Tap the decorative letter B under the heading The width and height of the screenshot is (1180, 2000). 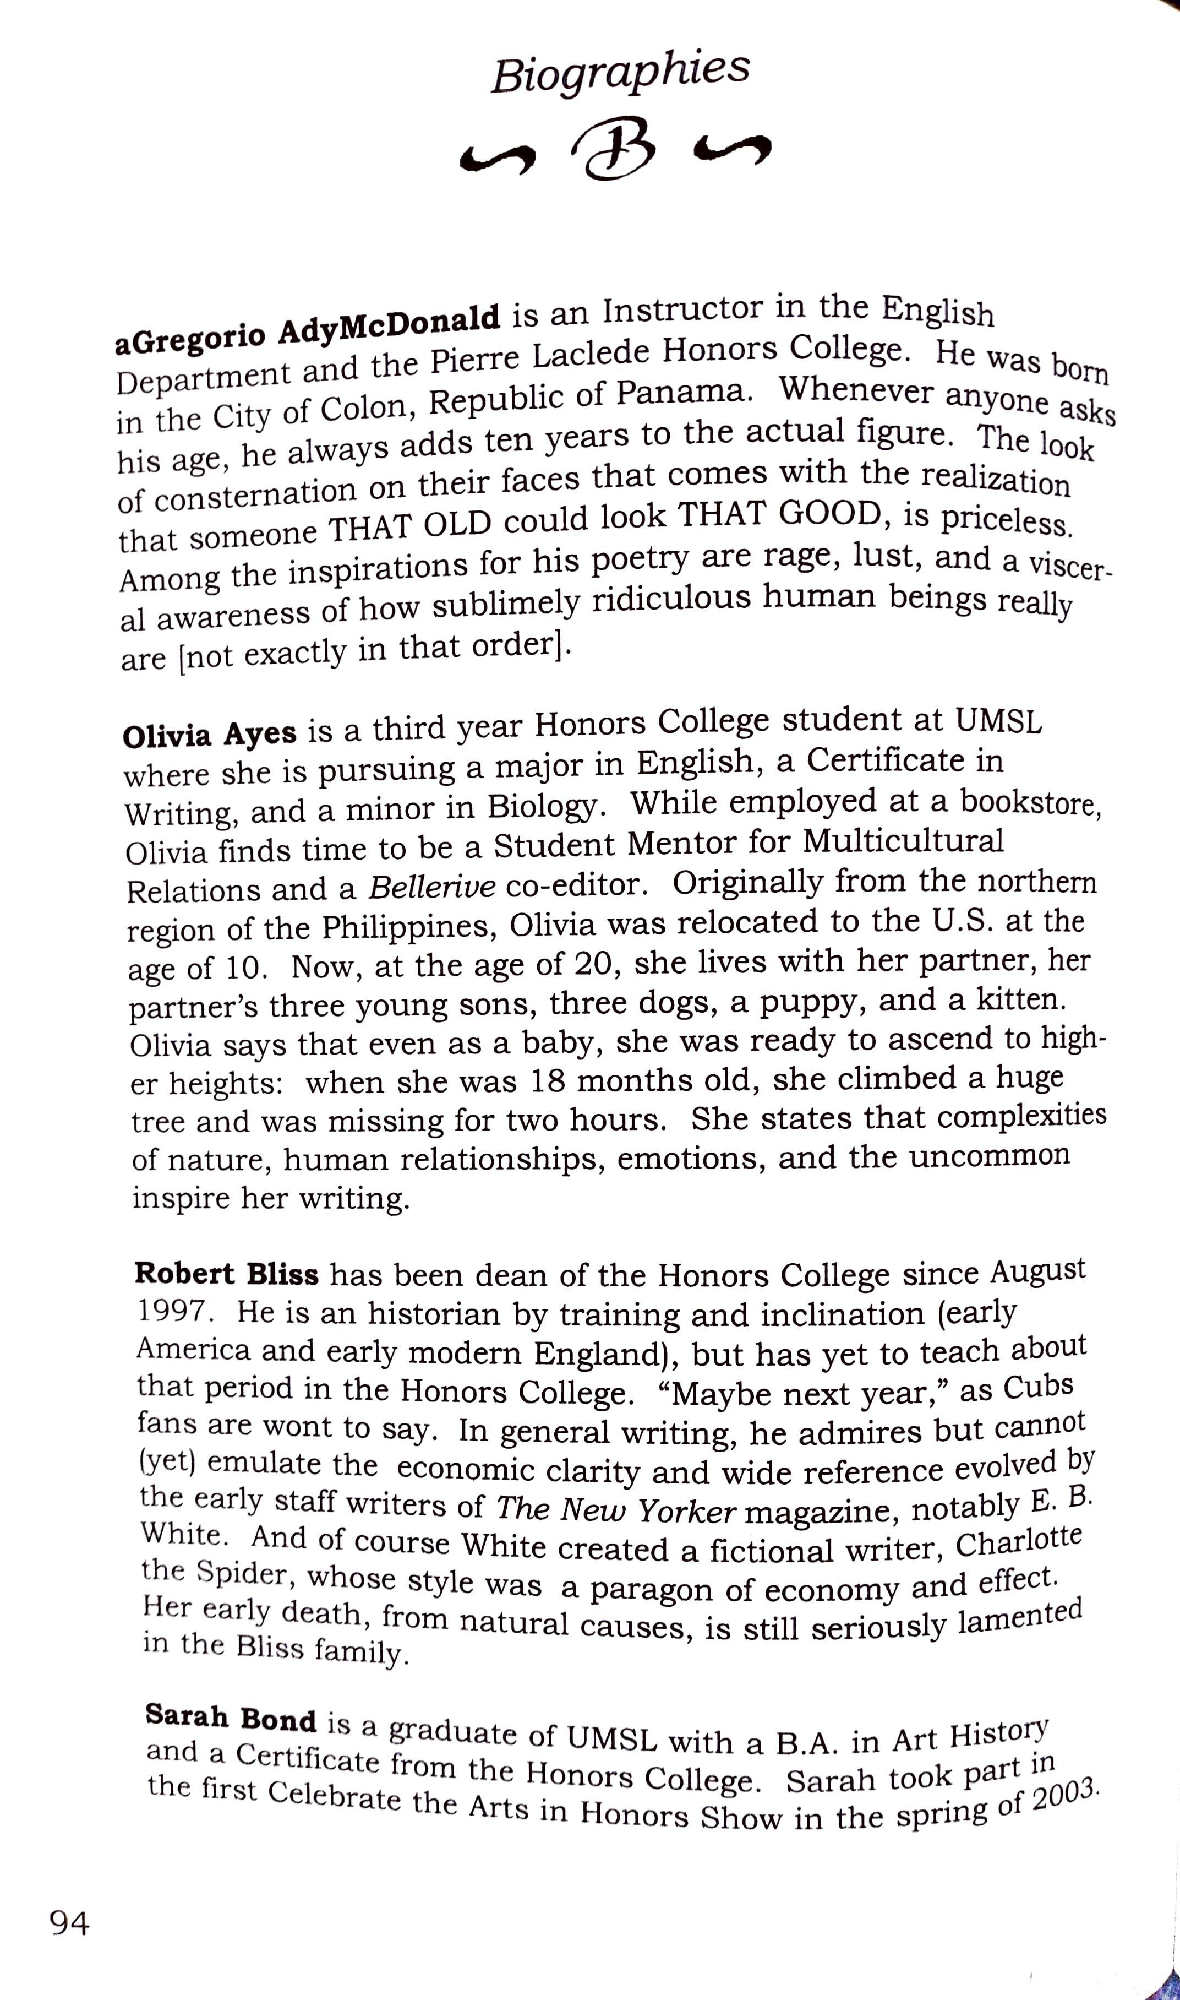click(619, 151)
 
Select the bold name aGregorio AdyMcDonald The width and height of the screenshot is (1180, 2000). click(308, 328)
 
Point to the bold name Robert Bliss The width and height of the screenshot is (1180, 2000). click(227, 1274)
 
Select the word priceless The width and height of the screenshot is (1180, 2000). click(1007, 520)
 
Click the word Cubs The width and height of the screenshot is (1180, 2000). click(1037, 1386)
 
